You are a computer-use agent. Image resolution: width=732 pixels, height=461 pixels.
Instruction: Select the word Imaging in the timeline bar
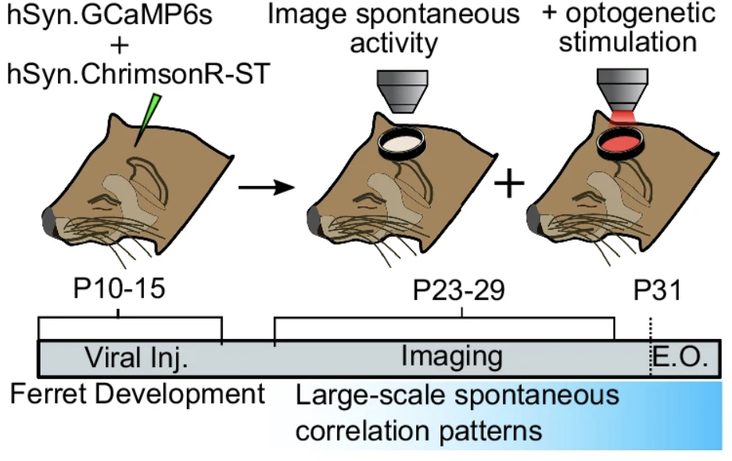pos(451,357)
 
